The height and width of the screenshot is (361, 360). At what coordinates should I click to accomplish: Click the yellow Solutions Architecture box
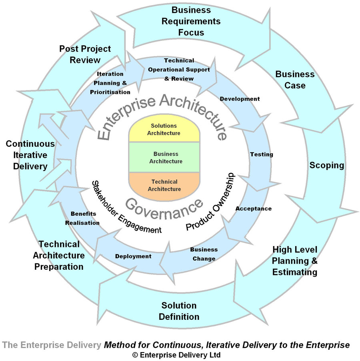pyautogui.click(x=164, y=130)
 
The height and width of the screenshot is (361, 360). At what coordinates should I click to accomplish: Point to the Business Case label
pyautogui.click(x=295, y=80)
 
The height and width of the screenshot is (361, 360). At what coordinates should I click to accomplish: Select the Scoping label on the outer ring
pyautogui.click(x=326, y=165)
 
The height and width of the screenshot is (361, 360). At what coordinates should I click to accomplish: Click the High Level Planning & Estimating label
pyautogui.click(x=295, y=261)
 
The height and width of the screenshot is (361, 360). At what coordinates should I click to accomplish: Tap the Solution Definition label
pyautogui.click(x=179, y=311)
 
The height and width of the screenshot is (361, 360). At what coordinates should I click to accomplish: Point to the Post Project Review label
pyautogui.click(x=85, y=54)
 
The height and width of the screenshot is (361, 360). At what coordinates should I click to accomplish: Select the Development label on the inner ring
pyautogui.click(x=240, y=99)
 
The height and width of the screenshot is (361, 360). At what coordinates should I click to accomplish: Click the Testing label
pyautogui.click(x=262, y=154)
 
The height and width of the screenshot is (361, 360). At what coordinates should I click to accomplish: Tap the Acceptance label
pyautogui.click(x=254, y=209)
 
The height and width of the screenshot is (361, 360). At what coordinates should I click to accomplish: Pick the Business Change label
pyautogui.click(x=204, y=254)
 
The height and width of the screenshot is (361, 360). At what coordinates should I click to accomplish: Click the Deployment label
pyautogui.click(x=133, y=256)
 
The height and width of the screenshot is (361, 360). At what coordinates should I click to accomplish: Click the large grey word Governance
pyautogui.click(x=164, y=205)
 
